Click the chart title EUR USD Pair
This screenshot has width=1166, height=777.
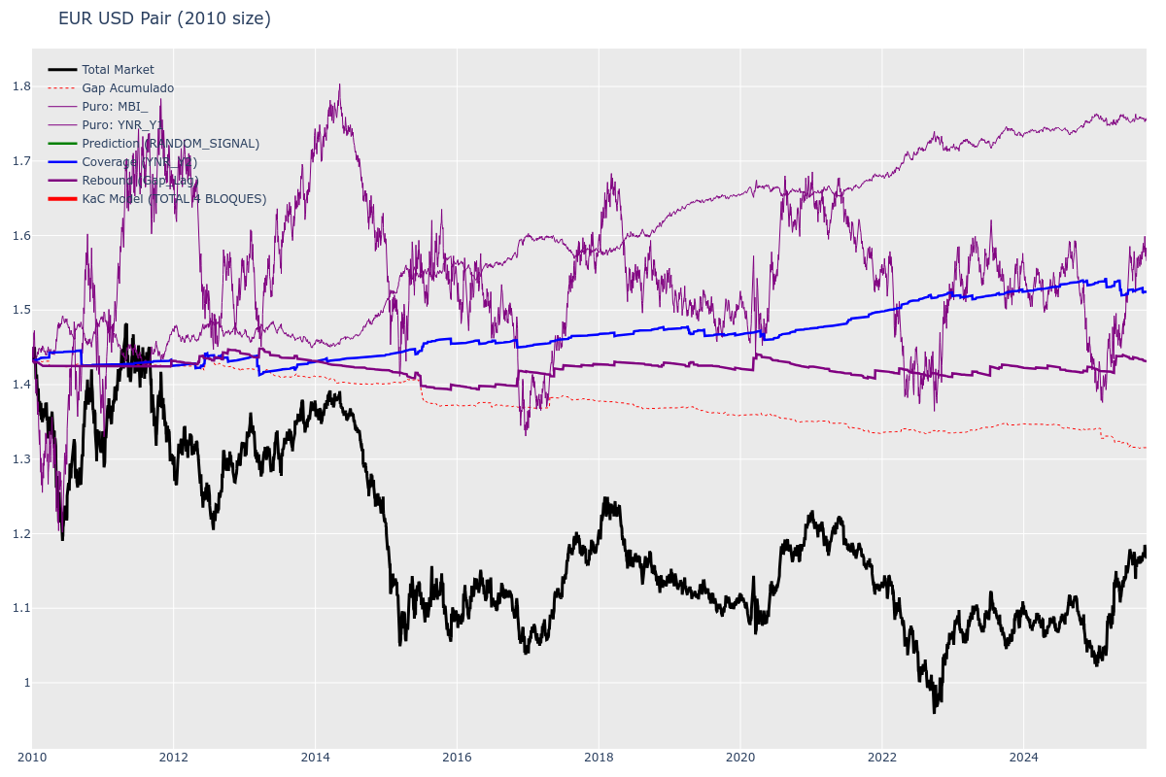(164, 18)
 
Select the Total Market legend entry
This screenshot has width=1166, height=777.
(118, 70)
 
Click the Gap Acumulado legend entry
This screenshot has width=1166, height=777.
(127, 88)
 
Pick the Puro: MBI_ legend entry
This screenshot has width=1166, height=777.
(115, 107)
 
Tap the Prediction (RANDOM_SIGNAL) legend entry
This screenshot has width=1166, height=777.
(170, 144)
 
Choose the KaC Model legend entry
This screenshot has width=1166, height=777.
(174, 199)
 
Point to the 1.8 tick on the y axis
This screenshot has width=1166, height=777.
(21, 86)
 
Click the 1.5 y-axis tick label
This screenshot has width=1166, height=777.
(21, 310)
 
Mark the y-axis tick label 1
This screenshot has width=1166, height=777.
(26, 683)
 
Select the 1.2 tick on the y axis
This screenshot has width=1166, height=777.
(21, 533)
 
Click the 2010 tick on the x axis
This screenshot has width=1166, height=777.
(32, 758)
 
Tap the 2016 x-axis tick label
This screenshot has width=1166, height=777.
(457, 758)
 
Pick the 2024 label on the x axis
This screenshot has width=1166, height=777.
(1023, 758)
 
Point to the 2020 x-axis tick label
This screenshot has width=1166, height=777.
(740, 758)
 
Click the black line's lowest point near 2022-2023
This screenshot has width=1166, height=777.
(935, 712)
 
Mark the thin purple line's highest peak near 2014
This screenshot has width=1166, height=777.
(339, 84)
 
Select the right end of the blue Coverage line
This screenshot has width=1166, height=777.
(1146, 291)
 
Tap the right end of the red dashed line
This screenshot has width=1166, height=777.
(1146, 448)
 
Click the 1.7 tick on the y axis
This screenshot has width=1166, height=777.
(21, 161)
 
